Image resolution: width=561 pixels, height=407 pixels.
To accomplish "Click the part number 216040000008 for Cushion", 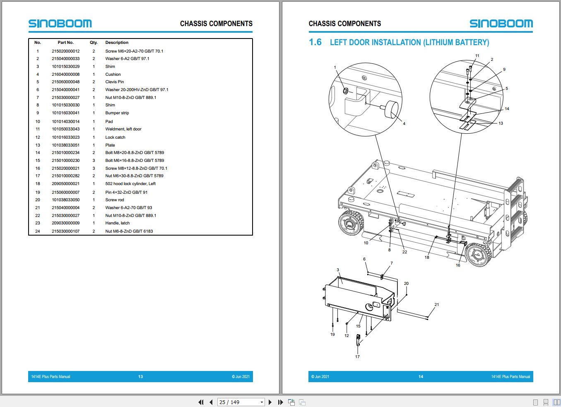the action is [x=65, y=75].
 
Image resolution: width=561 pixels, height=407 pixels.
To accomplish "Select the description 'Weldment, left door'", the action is [x=123, y=129].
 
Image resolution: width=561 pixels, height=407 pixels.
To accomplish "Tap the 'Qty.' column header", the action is [x=94, y=43].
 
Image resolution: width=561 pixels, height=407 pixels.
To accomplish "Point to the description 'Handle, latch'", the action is [x=118, y=223].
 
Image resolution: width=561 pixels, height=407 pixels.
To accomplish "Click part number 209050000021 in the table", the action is [x=65, y=183].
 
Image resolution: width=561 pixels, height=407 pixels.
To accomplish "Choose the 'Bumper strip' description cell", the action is [x=117, y=113].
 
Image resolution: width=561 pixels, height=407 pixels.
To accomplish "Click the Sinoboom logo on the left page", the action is [x=60, y=24].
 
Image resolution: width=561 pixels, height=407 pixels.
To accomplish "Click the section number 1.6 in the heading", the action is [x=315, y=42].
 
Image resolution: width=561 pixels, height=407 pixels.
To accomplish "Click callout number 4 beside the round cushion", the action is [x=404, y=123].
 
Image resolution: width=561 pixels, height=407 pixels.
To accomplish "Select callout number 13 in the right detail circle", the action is [x=501, y=123].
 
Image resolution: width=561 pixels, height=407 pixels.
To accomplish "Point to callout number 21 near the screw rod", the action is [x=436, y=305].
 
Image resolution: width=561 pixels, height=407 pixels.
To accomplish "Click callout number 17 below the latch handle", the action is [x=357, y=356].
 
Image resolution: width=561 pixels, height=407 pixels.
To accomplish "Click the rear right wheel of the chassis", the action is [x=478, y=255].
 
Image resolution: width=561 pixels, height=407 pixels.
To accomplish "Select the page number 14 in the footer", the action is [x=421, y=376].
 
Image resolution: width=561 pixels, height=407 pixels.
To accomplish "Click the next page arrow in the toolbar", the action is [x=270, y=402].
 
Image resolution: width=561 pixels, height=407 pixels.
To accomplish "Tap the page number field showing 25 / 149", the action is [x=241, y=402].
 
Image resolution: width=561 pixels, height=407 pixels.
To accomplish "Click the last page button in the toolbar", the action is [x=281, y=402].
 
